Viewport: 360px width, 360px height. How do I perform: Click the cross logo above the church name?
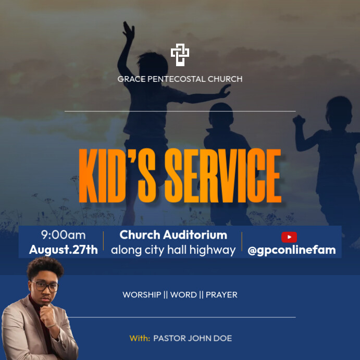180,55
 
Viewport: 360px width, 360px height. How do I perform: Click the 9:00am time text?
64,235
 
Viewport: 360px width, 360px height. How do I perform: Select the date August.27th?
64,250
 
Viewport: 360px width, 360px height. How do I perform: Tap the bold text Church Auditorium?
173,235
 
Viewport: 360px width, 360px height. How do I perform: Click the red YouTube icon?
289,237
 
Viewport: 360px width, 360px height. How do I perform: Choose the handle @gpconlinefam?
292,250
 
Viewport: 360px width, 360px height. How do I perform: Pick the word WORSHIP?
142,295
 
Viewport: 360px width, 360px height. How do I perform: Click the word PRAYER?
221,295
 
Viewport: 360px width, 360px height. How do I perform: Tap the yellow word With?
140,338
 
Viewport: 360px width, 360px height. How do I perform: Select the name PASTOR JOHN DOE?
193,338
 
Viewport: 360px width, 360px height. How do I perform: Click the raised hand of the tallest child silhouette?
128,30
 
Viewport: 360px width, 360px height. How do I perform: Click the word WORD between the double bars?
183,295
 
